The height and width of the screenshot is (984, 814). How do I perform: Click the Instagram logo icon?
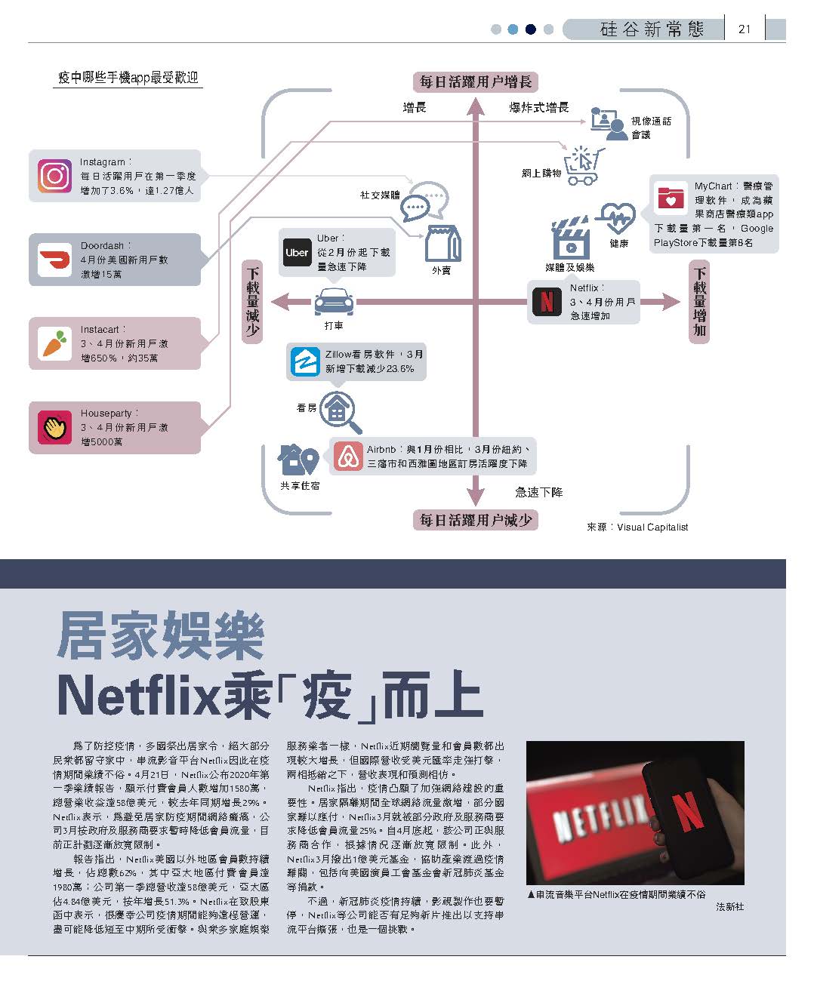click(54, 177)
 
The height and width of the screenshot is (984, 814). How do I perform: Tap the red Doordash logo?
click(54, 260)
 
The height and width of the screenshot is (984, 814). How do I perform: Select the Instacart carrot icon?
click(54, 344)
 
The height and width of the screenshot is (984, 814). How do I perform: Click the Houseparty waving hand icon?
click(54, 428)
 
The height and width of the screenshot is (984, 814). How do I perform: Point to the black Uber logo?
click(297, 253)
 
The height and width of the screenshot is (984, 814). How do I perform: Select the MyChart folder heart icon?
click(671, 198)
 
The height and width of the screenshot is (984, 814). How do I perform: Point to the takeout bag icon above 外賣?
click(442, 243)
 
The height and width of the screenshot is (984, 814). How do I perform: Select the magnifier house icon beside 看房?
click(341, 411)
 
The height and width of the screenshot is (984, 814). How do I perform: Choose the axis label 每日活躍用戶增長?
click(476, 81)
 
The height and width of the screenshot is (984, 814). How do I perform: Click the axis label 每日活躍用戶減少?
click(476, 520)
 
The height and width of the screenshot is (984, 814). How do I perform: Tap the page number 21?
click(745, 29)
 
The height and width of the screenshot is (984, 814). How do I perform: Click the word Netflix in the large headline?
click(140, 696)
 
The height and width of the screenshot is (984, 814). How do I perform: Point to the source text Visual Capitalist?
click(652, 527)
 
